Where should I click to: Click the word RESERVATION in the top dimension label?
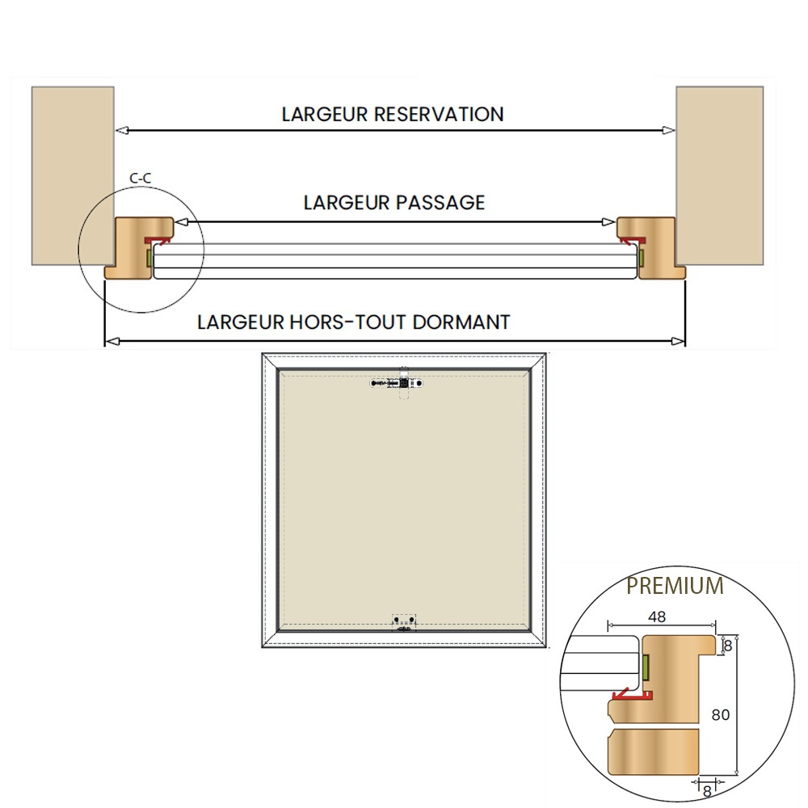tap(439, 115)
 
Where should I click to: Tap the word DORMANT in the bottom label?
tap(461, 322)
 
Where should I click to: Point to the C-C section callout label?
tap(140, 179)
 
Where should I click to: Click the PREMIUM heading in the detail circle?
tap(675, 586)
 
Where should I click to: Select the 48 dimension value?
tap(657, 617)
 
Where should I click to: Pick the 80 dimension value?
tap(721, 715)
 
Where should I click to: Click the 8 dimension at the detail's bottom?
tap(707, 791)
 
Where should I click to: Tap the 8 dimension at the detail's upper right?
tap(728, 646)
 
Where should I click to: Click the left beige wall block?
tap(73, 175)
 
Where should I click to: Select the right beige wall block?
tap(719, 175)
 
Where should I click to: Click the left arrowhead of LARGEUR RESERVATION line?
tap(122, 130)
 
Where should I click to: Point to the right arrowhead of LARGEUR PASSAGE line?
tap(608, 222)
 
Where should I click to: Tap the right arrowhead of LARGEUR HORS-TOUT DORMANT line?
tap(679, 341)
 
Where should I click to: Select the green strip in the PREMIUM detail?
tap(646, 666)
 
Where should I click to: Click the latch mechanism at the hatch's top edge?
tap(398, 383)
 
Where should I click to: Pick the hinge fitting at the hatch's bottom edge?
tap(404, 623)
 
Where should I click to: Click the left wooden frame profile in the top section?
tap(138, 247)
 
